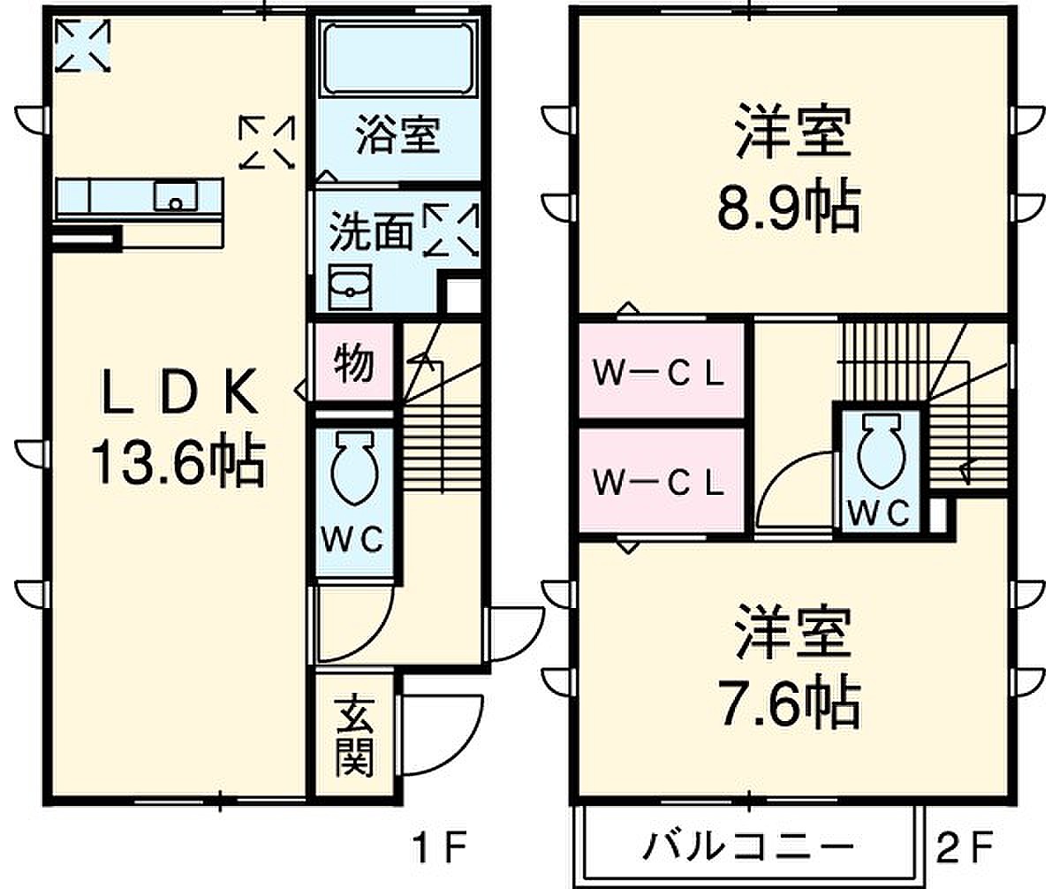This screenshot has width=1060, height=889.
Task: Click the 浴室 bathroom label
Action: pos(397,134)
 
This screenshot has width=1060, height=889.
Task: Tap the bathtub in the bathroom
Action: pos(398,58)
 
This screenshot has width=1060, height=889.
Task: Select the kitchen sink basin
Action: pos(175,196)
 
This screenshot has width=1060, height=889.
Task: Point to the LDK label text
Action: pos(179,392)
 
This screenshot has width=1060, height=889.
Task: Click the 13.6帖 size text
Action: pos(178,463)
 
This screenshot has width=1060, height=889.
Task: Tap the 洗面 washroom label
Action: pos(371,232)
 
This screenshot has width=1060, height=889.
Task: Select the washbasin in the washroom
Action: pos(351,287)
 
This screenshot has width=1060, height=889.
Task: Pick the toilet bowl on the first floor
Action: pos(355,468)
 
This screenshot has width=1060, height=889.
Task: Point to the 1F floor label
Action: pos(440,847)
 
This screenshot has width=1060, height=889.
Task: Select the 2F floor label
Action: pos(964,847)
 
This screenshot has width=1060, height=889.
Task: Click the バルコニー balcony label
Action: pos(749,846)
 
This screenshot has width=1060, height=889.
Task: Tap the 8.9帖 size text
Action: pos(789,209)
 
